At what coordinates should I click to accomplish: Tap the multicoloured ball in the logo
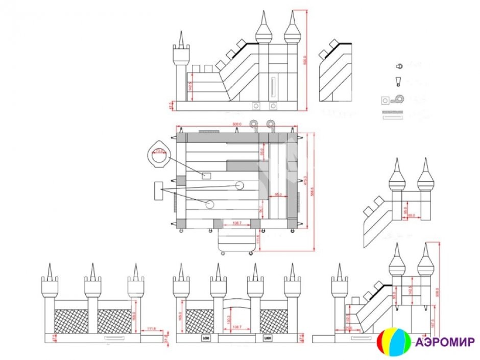coord(393,342)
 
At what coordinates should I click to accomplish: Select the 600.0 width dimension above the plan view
coord(236,124)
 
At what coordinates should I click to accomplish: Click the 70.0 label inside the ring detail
coord(159,151)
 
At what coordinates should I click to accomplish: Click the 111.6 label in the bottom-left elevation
coord(150,329)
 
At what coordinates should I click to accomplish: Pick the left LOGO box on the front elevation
coord(206,338)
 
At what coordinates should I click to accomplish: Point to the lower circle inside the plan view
coord(210,204)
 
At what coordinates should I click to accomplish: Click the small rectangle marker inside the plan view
coord(206,176)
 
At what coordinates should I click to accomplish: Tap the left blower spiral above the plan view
coord(254,124)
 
